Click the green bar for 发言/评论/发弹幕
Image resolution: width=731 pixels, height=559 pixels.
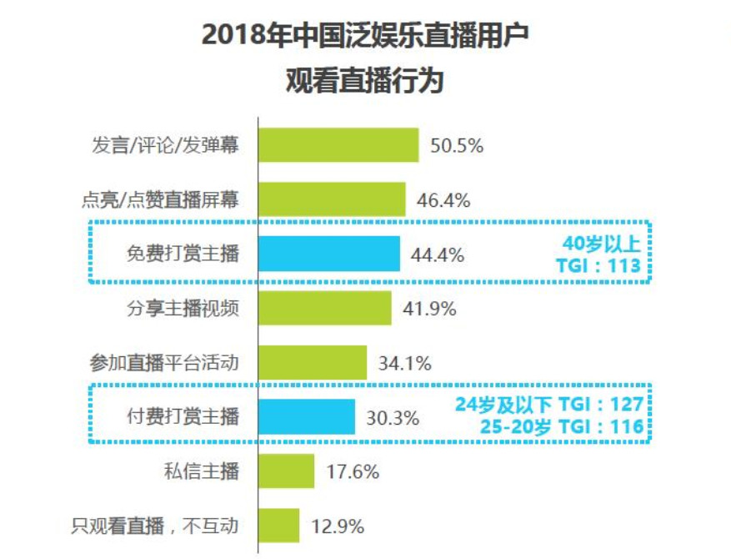tap(338, 145)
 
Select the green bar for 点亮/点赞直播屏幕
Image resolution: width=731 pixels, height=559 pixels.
tap(331, 199)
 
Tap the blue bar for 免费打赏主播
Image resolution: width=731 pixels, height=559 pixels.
tap(328, 254)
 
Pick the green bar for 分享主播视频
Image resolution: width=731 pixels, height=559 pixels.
tap(324, 309)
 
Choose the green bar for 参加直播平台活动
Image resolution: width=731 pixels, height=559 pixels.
tap(312, 363)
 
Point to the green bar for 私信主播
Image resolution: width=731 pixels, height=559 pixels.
tap(286, 471)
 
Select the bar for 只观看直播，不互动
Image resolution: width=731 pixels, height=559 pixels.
tap(278, 526)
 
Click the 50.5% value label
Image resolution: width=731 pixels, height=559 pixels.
tap(457, 146)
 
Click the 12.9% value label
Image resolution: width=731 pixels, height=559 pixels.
tap(337, 526)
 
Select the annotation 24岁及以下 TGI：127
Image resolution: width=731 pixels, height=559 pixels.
tap(549, 405)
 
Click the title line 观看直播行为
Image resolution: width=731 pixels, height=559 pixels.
tap(364, 82)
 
